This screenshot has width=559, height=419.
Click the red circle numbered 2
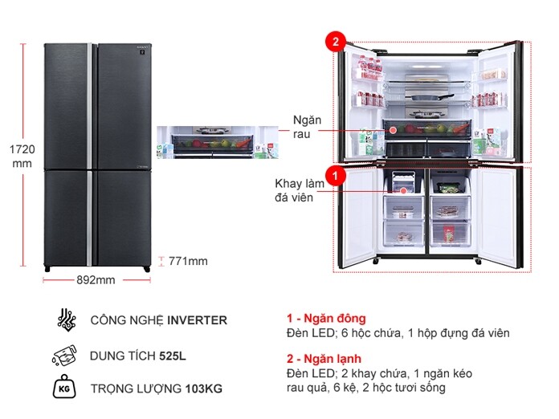pyautogui.click(x=335, y=43)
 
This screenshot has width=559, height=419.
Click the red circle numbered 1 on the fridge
pyautogui.click(x=335, y=173)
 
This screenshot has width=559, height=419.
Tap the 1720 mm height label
pyautogui.click(x=19, y=156)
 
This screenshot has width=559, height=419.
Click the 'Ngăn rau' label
pyautogui.click(x=308, y=127)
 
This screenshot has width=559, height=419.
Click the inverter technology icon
pyautogui.click(x=67, y=319)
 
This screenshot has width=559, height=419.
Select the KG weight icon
pyautogui.click(x=67, y=388)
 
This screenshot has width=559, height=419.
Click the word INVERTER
pyautogui.click(x=197, y=320)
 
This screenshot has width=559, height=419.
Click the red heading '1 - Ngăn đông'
pyautogui.click(x=326, y=318)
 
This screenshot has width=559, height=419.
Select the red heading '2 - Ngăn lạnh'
pyautogui.click(x=324, y=358)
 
